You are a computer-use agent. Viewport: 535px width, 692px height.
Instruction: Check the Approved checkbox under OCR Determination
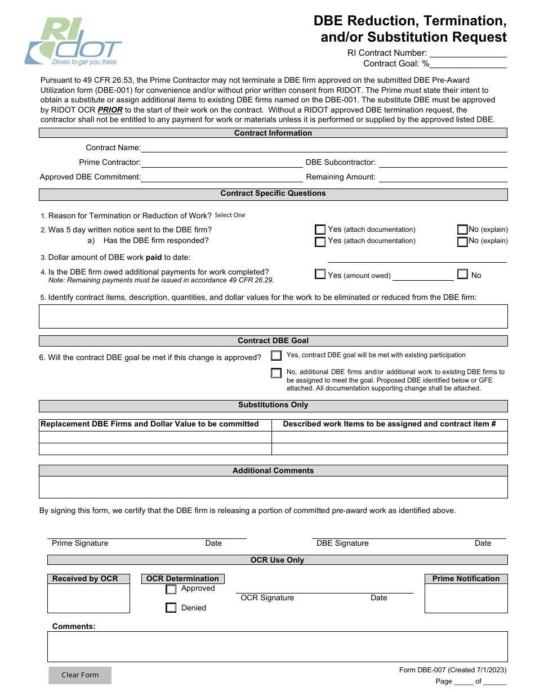tap(171, 590)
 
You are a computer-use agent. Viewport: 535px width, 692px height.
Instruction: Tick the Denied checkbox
tap(171, 608)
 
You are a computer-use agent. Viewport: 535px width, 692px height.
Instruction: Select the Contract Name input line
tap(324, 148)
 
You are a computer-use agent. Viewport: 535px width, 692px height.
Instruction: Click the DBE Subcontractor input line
tap(443, 163)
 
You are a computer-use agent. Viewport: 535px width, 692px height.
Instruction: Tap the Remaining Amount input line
tap(443, 177)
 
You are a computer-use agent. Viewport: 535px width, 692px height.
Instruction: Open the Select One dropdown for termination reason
tap(230, 215)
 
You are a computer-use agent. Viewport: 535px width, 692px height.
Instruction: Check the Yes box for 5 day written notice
tap(320, 230)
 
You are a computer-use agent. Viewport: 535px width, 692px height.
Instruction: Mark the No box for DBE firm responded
tap(462, 242)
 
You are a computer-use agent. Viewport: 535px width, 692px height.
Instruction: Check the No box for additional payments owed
tap(462, 275)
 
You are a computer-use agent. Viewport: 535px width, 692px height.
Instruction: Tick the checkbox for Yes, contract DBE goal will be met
tap(276, 356)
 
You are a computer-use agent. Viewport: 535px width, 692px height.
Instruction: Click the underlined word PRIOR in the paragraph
tap(110, 110)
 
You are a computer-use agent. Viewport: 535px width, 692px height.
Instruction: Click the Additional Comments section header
tap(273, 471)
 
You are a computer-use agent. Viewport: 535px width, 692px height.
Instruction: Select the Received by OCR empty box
tap(88, 598)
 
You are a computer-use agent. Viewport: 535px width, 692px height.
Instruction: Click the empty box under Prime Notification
tap(466, 598)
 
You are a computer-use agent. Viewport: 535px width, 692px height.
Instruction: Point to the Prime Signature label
tap(80, 543)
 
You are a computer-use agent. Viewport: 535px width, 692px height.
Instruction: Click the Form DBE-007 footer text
tap(452, 670)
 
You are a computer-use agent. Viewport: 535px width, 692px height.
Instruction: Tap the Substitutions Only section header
tap(273, 405)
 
